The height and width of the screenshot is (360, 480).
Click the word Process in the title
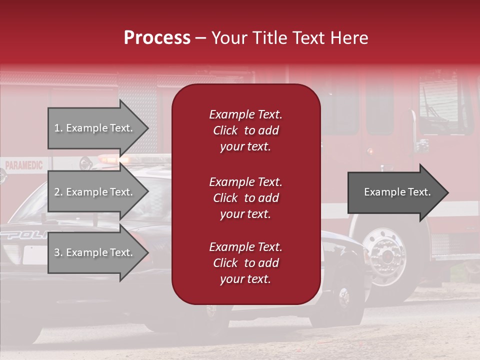click(157, 38)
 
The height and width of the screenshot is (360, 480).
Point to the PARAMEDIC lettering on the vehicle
click(24, 165)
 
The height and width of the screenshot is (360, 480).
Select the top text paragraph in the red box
click(245, 130)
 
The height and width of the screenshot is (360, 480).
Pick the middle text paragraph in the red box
click(245, 198)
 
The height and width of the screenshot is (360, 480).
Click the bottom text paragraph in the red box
click(245, 263)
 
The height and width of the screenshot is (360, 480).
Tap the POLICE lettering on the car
click(25, 235)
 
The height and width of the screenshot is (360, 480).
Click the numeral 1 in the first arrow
click(57, 128)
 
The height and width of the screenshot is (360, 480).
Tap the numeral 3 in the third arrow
click(57, 252)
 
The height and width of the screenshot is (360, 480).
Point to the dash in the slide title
click(200, 38)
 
